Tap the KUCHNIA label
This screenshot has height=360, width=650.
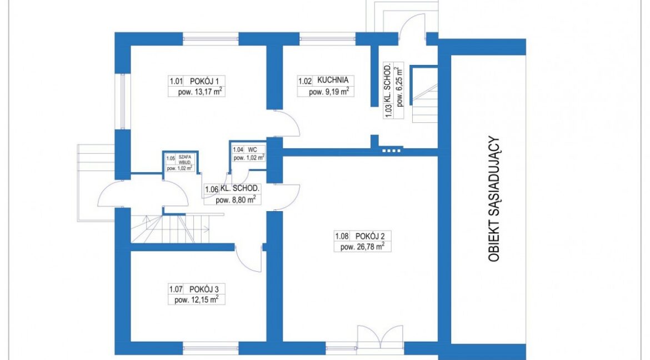tap(333, 79)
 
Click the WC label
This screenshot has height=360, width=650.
tap(252, 149)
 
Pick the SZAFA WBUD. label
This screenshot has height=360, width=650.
tap(185, 159)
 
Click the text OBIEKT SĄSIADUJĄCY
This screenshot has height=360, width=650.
tap(494, 199)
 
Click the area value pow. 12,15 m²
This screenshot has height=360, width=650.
tap(197, 299)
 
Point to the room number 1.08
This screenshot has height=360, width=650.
tap(342, 236)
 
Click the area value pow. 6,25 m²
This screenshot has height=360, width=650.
tap(399, 86)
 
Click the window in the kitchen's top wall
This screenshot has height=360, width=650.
tap(327, 38)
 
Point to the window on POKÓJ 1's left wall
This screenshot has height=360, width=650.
tap(123, 101)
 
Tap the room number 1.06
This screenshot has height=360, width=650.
tap(212, 189)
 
